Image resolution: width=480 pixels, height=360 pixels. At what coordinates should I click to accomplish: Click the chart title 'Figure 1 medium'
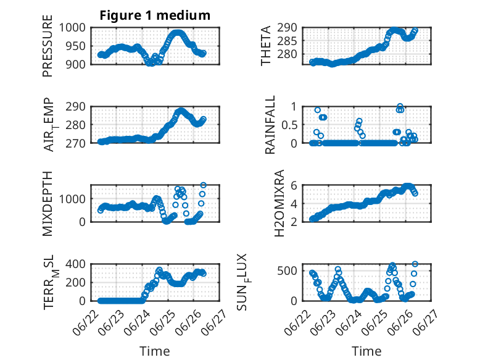coord(155,15)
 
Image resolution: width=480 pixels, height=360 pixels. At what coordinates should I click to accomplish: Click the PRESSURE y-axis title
coord(48,46)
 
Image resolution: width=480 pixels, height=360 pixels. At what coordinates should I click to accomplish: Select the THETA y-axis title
coord(266,46)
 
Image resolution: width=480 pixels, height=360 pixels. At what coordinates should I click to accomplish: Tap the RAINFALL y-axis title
coord(270,125)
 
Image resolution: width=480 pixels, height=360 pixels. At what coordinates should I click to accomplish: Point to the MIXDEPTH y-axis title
coord(48,203)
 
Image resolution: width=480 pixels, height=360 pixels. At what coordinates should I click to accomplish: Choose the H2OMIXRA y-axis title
coord(279,203)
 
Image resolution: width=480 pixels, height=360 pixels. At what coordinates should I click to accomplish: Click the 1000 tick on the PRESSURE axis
coord(72,28)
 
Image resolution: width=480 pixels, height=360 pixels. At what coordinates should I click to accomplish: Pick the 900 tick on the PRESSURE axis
coord(76,64)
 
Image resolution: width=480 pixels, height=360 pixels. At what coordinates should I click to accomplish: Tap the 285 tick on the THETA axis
coord(287,41)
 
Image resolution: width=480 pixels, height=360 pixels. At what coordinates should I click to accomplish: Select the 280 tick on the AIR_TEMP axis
coord(76,125)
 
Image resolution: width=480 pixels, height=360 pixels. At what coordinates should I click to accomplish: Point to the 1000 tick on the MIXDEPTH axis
coord(72,199)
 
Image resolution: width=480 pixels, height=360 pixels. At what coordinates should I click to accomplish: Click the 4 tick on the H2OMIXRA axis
coord(294,203)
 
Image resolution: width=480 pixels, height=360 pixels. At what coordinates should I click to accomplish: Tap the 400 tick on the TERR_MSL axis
coord(76,264)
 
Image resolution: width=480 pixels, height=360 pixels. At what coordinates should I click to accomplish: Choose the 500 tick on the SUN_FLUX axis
coord(287,271)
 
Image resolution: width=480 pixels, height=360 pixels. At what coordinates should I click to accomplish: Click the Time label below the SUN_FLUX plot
coord(366,351)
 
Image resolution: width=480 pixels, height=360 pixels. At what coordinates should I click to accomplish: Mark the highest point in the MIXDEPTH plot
coord(203,185)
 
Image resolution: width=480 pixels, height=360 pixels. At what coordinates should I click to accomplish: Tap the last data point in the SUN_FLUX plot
coord(415,264)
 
